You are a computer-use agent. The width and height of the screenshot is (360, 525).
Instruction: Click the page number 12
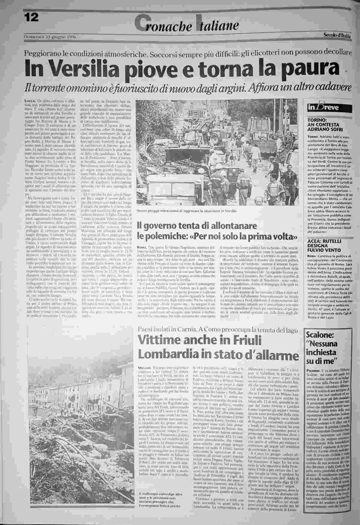[31, 18]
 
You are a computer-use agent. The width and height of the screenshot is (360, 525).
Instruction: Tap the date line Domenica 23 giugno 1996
[50, 37]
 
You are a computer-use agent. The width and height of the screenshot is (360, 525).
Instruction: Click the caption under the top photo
[186, 211]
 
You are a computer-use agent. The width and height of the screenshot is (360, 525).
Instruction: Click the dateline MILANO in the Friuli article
[145, 367]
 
